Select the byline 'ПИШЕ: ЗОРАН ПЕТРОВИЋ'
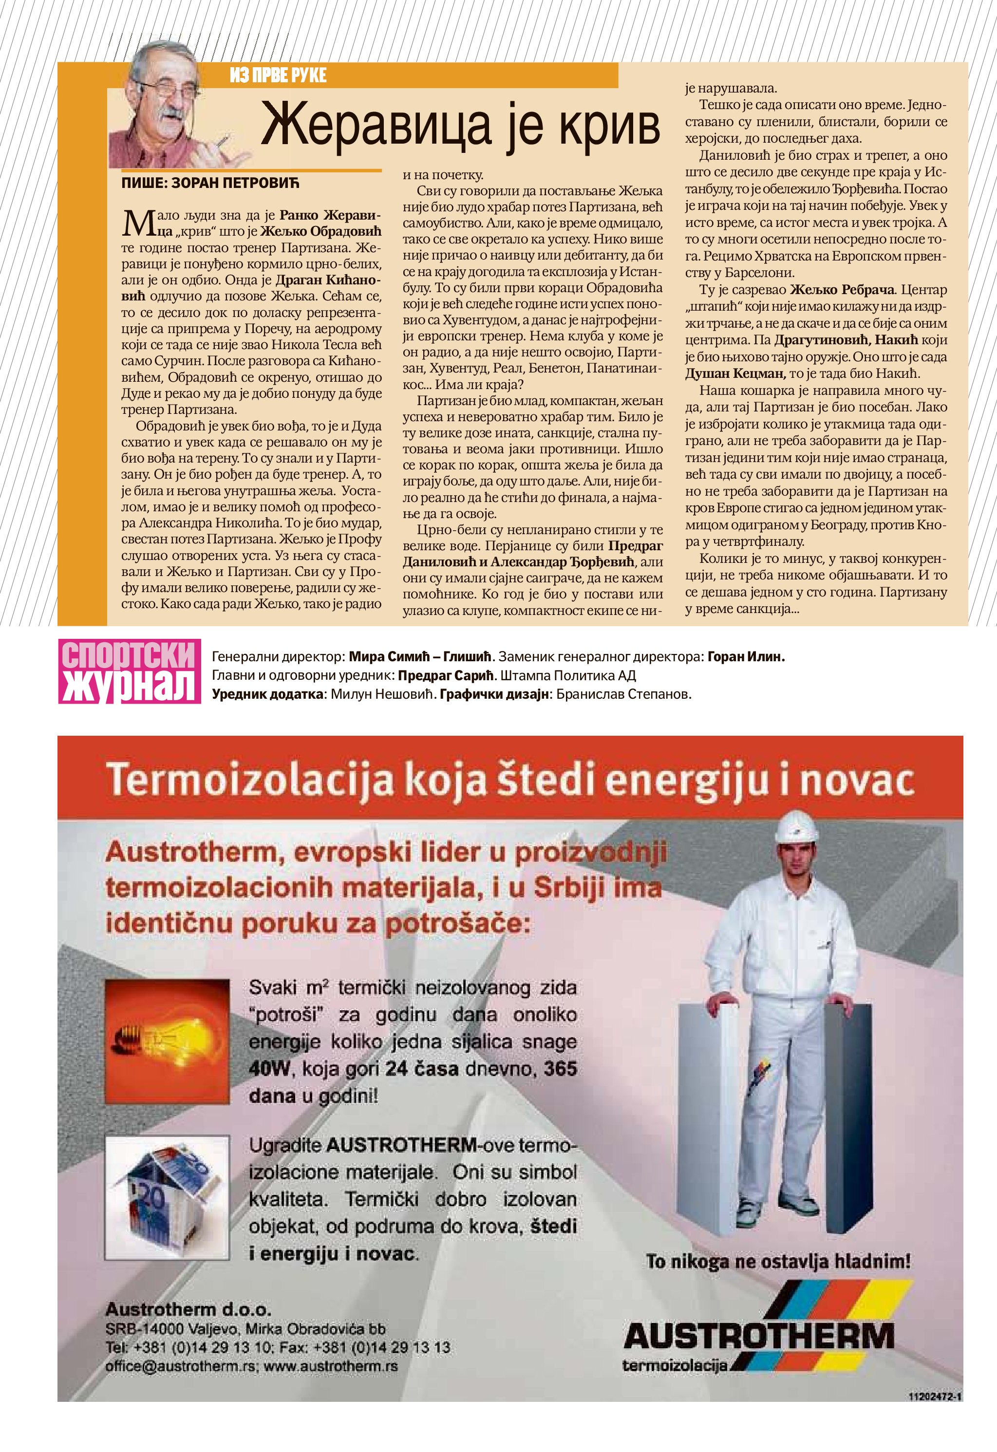click(x=211, y=184)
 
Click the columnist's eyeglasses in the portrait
click(x=162, y=88)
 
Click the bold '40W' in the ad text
click(x=270, y=1069)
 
